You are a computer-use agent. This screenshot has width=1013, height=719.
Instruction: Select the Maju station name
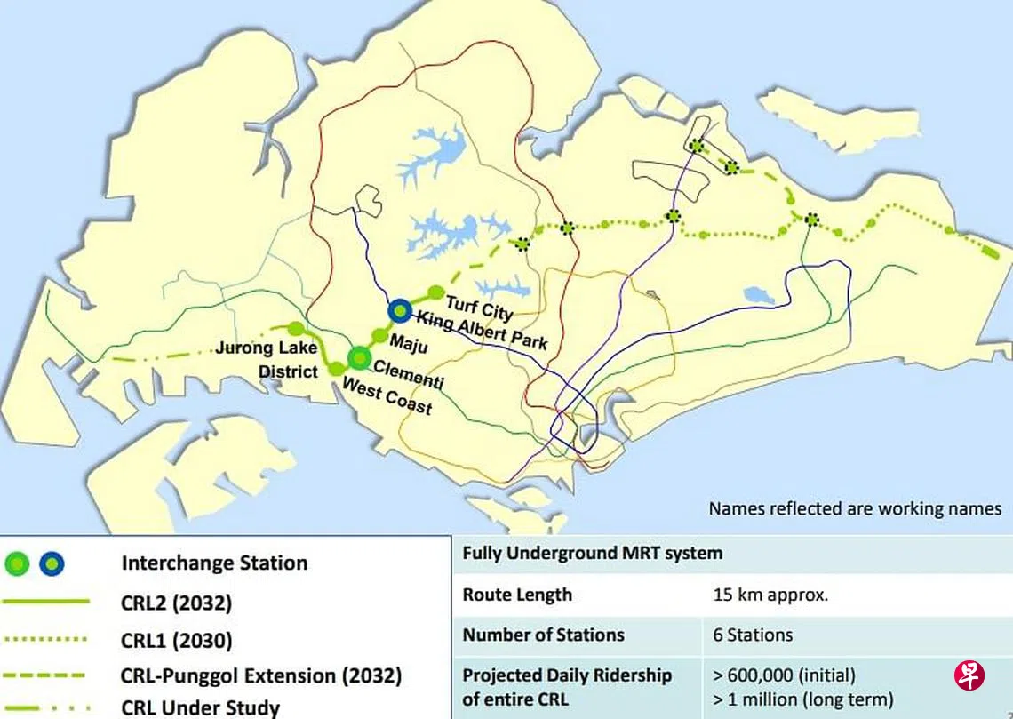click(410, 344)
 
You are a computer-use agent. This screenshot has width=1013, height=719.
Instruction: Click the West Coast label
click(387, 396)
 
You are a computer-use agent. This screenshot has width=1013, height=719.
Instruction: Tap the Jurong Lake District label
click(267, 359)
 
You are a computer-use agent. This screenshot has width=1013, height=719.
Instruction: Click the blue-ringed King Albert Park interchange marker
click(400, 310)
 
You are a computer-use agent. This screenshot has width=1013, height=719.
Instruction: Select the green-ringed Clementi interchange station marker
click(359, 357)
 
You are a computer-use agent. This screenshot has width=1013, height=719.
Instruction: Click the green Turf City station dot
click(435, 292)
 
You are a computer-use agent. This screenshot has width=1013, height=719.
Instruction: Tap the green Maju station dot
click(379, 335)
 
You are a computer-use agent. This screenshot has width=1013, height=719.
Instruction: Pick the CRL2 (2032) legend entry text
click(176, 603)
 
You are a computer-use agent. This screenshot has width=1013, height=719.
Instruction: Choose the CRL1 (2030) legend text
click(176, 640)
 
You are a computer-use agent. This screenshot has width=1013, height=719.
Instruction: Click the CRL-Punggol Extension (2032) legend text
click(260, 675)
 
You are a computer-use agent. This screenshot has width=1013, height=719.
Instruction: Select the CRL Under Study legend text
click(200, 707)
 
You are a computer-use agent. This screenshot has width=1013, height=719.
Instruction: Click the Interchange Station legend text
click(214, 563)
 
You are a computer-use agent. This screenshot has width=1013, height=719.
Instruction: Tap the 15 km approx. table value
click(770, 595)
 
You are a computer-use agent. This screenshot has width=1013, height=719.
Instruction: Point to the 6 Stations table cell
click(753, 635)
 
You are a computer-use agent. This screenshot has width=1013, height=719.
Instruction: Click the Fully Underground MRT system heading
click(592, 553)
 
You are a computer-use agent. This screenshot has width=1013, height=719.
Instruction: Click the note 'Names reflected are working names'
click(855, 509)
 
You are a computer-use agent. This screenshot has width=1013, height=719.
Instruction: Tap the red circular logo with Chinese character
click(969, 676)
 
